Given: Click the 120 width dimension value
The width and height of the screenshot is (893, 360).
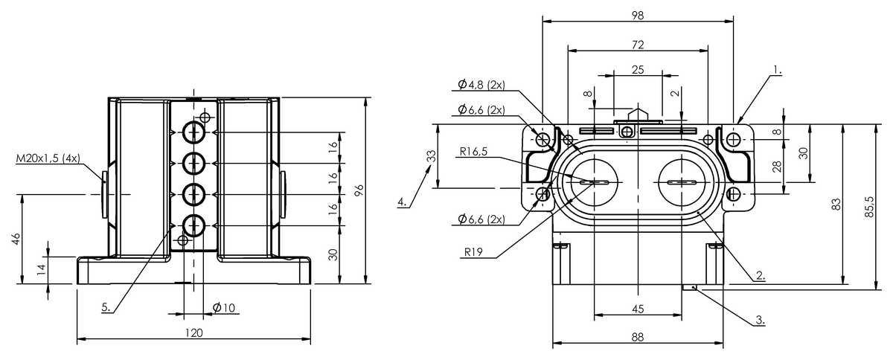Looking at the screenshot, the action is pos(193,332).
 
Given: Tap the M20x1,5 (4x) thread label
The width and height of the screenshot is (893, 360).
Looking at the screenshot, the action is pos(48,158).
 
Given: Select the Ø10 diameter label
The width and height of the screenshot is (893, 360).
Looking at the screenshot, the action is pos(224,307).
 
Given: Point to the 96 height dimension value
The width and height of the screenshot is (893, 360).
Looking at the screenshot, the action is pos(359,190).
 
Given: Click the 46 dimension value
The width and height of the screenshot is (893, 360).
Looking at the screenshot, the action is pos(16,240).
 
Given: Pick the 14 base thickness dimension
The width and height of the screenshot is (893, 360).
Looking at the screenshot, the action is pos(42,271).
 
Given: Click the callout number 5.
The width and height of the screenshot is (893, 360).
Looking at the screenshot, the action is pos(106,307).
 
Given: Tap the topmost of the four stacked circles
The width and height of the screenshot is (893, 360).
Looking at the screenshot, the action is pos(194,132).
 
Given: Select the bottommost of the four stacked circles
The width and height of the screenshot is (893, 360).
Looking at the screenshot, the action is pos(194,225).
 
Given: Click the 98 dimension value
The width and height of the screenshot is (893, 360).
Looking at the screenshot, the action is pos(638,15).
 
